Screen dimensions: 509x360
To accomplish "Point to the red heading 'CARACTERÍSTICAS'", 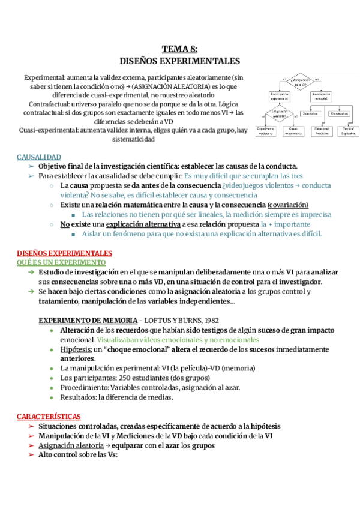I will click(49, 416).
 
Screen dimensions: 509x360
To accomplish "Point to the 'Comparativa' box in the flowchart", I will click(340, 113).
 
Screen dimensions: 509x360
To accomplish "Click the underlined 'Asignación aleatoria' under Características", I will click(70, 445).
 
